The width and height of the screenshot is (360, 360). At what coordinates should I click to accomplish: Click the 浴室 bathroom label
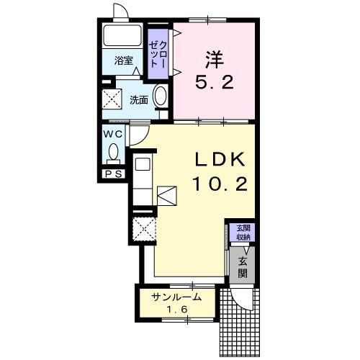coord(124,60)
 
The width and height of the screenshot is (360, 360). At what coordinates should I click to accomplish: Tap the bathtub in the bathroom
coord(122,35)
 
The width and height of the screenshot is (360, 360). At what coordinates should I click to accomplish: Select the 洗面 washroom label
coord(139,100)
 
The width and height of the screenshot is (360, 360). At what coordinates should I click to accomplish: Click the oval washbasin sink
coord(161,96)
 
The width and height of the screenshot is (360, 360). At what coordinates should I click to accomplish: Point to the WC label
coord(113,135)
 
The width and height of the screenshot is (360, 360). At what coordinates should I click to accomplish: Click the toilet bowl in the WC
coord(113,152)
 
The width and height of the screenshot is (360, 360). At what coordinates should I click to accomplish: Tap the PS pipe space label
coord(114,174)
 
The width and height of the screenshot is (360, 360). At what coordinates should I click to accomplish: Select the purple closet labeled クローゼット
coord(158,54)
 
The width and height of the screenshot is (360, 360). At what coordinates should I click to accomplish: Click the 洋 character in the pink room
coord(214,60)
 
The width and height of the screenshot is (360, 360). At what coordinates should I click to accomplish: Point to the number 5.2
coord(215,82)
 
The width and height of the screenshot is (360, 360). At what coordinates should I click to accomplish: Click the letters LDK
coord(220,160)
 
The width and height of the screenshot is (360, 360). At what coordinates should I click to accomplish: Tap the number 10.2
coord(220,184)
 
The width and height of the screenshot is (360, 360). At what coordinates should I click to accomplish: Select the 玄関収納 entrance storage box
coord(242,233)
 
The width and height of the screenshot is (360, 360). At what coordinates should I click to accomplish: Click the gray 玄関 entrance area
coord(242,265)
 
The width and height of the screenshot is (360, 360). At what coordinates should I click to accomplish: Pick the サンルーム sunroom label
coord(176,298)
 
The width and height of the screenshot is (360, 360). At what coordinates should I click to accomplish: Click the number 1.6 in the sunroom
coord(177,310)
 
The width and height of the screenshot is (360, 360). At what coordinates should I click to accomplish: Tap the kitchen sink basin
coord(143,164)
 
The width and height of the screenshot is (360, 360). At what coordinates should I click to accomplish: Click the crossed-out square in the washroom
coord(112,99)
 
